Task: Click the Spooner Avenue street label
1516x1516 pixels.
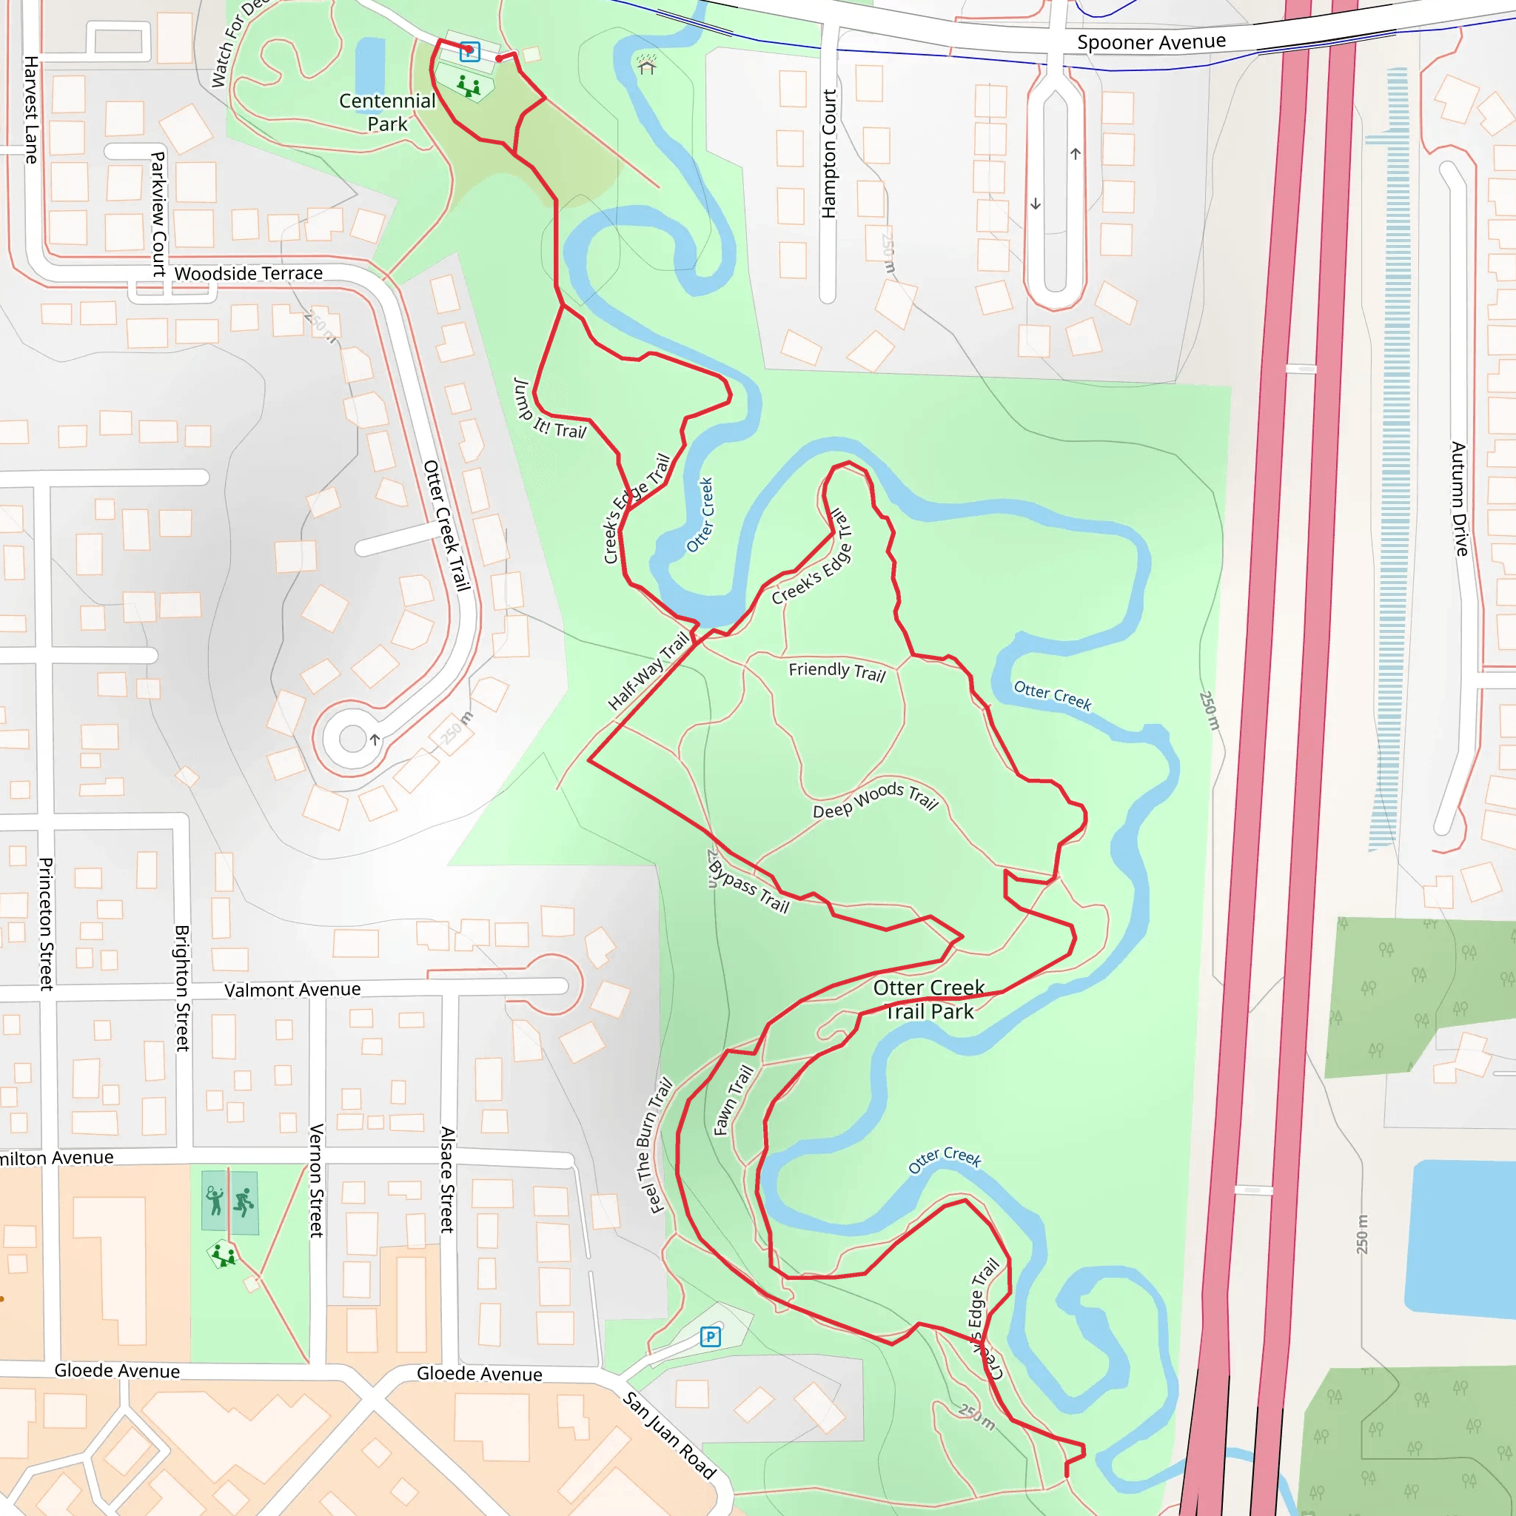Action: click(x=1150, y=41)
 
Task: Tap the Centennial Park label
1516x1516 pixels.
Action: click(x=387, y=113)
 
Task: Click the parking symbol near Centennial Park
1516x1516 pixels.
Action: click(x=469, y=51)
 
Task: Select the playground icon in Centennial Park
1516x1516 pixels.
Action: click(x=469, y=86)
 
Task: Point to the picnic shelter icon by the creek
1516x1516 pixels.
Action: click(x=646, y=65)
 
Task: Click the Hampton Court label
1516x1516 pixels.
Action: click(x=828, y=153)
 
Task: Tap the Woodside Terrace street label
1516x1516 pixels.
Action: click(x=248, y=273)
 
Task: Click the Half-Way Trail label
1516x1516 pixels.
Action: click(x=649, y=671)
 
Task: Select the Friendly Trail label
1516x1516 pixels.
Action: click(x=836, y=671)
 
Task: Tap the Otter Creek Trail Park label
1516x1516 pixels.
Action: click(x=928, y=999)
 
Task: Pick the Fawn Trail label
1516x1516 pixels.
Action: click(x=733, y=1100)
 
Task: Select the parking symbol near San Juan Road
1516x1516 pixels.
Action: click(x=710, y=1336)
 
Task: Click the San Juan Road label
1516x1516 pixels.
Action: click(x=669, y=1435)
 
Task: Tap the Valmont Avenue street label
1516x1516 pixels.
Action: click(x=292, y=990)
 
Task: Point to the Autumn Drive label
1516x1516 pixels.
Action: click(x=1459, y=499)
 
